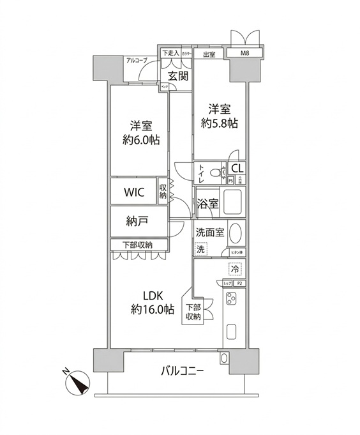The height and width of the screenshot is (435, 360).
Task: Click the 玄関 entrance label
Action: (178, 76)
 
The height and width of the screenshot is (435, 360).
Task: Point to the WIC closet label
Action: (133, 192)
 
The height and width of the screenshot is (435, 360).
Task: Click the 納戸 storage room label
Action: (137, 222)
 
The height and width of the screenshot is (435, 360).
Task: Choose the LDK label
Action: (153, 296)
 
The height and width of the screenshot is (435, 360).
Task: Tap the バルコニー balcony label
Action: (182, 370)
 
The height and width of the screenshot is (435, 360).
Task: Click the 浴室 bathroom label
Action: (207, 204)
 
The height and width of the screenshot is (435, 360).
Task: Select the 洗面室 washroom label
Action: (209, 233)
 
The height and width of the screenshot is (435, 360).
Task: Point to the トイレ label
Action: (201, 174)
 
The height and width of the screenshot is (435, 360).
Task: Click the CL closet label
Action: (237, 169)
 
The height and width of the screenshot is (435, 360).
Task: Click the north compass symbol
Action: (79, 383)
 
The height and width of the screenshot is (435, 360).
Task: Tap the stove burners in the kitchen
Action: (232, 298)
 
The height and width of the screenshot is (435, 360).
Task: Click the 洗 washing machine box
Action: (200, 249)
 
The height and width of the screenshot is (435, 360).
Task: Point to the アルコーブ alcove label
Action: (137, 60)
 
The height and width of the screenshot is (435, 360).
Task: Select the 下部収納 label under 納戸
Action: (137, 245)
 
